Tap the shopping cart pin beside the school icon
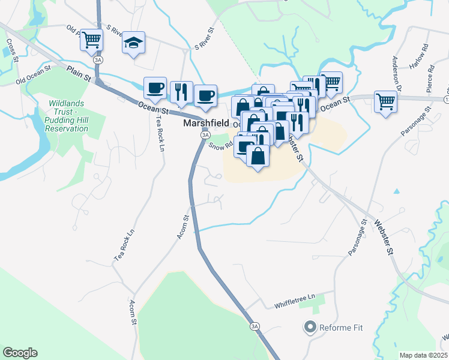[x=92, y=40]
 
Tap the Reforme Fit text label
[x=341, y=328]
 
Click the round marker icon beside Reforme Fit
[x=310, y=328]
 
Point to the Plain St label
[x=78, y=73]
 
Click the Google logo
[x=20, y=353]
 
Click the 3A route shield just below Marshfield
[x=204, y=135]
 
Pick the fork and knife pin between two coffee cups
[x=181, y=92]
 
